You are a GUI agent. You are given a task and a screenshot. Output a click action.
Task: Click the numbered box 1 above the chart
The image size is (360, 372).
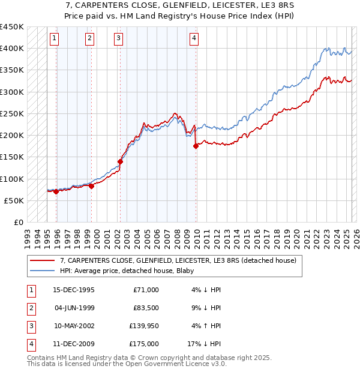coord(54,38)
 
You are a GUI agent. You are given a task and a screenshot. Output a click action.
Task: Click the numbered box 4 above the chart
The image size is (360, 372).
coord(194,38)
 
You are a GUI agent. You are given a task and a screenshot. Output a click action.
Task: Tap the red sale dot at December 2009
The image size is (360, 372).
coord(196,146)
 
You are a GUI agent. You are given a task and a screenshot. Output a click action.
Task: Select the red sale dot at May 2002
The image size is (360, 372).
coord(120,161)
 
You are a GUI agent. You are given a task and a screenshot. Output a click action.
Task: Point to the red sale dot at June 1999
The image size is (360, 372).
coord(91,186)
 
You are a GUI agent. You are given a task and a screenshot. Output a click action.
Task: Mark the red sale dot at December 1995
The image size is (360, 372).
coord(56,191)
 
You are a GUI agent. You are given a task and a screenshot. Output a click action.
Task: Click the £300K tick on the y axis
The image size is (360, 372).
coord(12,92)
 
